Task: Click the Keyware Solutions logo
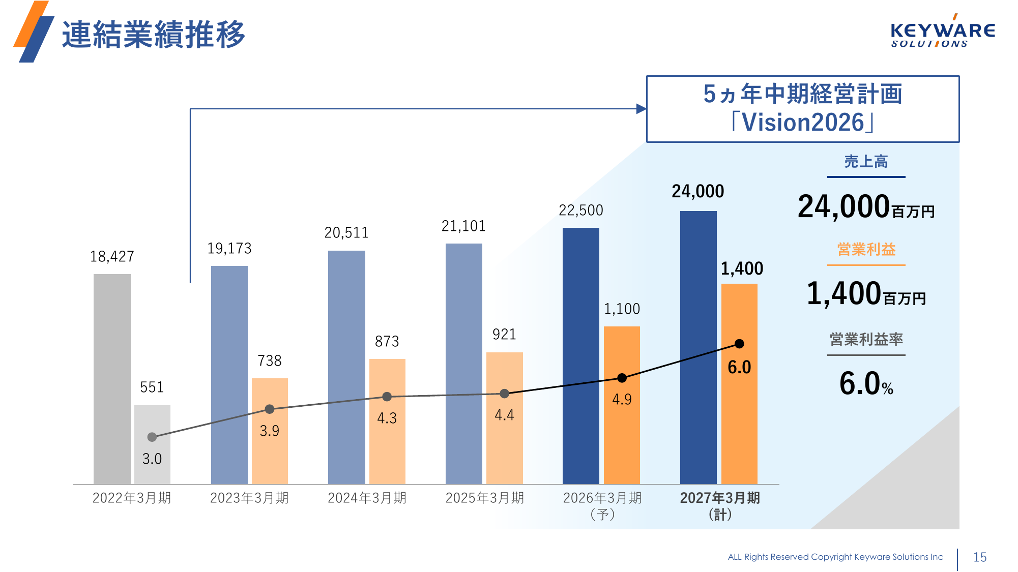(942, 33)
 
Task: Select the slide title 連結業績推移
(153, 35)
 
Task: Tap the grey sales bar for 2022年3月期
(112, 379)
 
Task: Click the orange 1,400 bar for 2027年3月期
(739, 407)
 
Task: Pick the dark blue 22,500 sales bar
(580, 356)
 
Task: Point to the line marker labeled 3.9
(270, 409)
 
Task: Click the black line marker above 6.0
(739, 344)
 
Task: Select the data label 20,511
(346, 233)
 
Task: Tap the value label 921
(504, 334)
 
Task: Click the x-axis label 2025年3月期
(484, 498)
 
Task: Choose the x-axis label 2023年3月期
(249, 498)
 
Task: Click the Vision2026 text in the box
(803, 123)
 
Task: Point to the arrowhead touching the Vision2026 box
(641, 109)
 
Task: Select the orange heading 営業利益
(866, 250)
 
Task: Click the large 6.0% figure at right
(866, 383)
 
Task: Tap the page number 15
(979, 557)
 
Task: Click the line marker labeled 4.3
(387, 397)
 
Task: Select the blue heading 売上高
(866, 162)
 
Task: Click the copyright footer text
(835, 557)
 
